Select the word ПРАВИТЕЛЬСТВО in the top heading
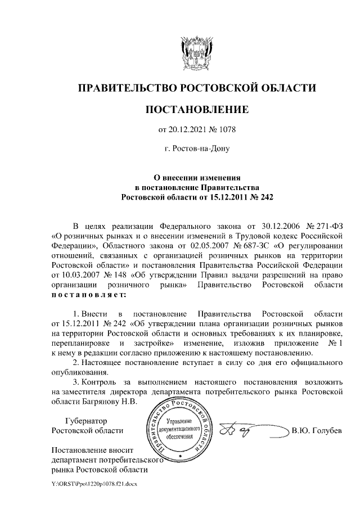[127, 88]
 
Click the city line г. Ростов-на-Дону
[196, 149]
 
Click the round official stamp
[181, 429]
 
